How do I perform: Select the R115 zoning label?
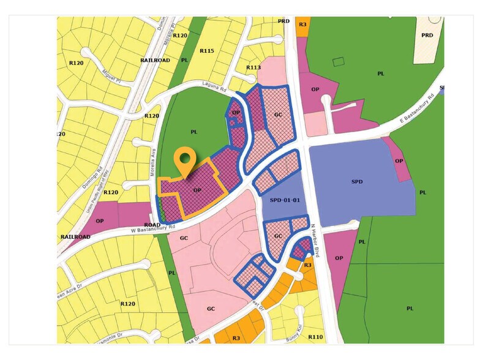[207, 51]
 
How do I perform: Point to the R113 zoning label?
[253, 67]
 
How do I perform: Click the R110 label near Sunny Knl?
[316, 337]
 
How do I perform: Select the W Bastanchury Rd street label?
[153, 230]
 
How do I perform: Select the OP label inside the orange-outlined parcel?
[197, 190]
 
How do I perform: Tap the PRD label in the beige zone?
[427, 35]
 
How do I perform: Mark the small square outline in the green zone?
[337, 62]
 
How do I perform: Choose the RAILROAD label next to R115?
[155, 61]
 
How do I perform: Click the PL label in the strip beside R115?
[184, 60]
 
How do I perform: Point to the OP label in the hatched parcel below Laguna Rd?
[236, 113]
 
